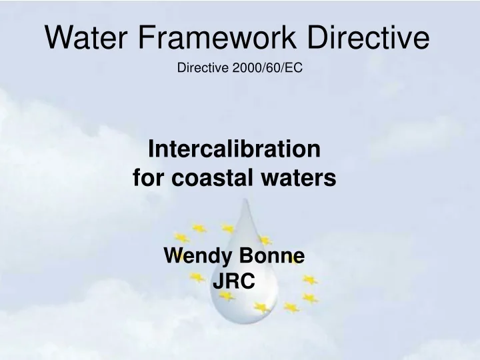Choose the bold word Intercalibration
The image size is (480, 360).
tap(234, 149)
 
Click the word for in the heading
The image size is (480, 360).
tap(147, 178)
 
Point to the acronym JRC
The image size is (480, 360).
tap(233, 282)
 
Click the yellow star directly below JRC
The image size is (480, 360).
tap(227, 295)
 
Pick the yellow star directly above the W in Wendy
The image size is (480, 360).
tap(181, 237)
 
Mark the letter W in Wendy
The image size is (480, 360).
tap(173, 255)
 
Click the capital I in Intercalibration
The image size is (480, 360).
tap(150, 149)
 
